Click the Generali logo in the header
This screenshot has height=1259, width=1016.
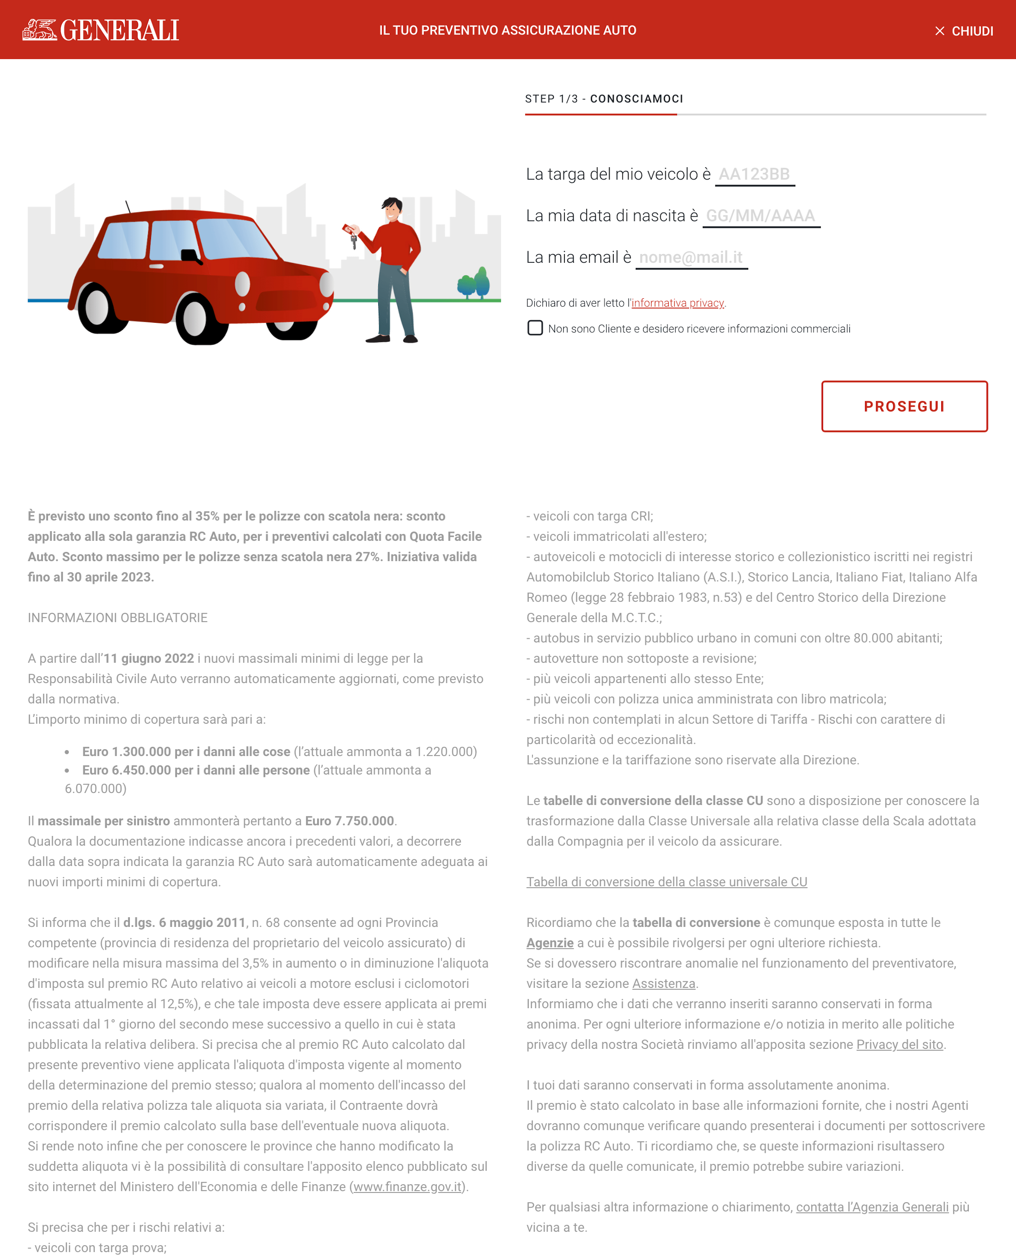coord(101,30)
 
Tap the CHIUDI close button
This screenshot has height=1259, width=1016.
coord(964,31)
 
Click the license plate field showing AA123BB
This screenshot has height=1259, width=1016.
coord(755,175)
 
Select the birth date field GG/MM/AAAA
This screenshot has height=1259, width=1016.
coord(760,216)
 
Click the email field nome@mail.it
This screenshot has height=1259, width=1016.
coord(691,258)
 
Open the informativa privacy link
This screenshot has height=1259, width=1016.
coord(677,303)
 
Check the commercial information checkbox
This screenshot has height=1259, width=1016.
coord(535,328)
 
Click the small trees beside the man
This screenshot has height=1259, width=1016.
coord(473,283)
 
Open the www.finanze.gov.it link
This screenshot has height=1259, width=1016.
coord(407,1186)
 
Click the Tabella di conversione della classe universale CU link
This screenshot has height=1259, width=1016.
coord(666,882)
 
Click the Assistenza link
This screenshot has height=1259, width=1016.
coord(663,983)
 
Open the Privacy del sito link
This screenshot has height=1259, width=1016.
coord(900,1044)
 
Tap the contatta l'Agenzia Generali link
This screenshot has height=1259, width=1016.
coord(872,1207)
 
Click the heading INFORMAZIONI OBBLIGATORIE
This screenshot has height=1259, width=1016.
coord(118,617)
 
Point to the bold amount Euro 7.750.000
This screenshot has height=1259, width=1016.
coord(350,821)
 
